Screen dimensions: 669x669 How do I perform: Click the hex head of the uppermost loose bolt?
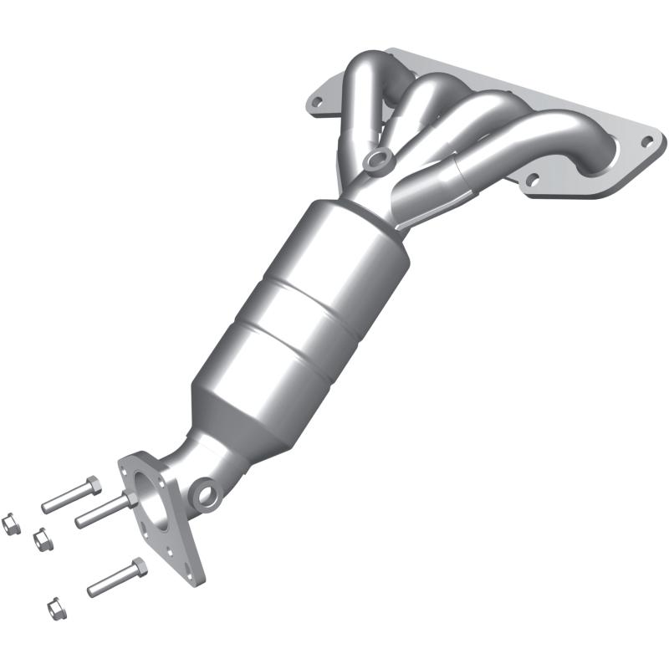91,485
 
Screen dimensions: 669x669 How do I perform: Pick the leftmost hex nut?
11,523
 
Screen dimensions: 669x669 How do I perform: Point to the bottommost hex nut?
54,605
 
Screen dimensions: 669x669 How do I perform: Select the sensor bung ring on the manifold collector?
378,158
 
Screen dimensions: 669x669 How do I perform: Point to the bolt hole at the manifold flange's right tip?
646,140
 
